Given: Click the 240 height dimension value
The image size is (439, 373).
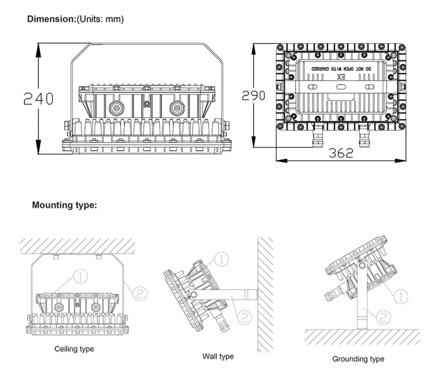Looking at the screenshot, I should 38,99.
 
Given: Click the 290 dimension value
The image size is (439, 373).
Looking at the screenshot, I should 253,95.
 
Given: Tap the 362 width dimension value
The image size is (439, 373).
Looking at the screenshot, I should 341,153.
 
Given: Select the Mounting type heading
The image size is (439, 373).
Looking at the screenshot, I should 65,205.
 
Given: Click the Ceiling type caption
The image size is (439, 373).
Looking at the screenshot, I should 74,349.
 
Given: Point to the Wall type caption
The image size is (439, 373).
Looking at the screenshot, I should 218,356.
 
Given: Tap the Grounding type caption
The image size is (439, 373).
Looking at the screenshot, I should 358,359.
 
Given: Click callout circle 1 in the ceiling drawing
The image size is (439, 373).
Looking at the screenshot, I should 81,276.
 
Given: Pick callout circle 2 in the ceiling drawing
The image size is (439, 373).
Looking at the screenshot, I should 140,293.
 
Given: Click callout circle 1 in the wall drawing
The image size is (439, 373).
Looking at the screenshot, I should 222,259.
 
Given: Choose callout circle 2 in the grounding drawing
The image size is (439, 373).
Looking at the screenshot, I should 383,316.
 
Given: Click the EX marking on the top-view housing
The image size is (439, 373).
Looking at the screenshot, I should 341,76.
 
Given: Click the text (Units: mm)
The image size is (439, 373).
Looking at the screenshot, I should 101,19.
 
